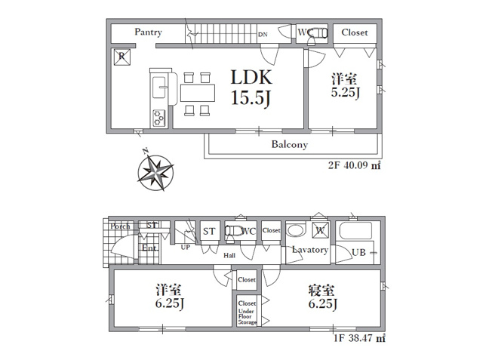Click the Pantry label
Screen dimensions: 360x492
tap(149, 32)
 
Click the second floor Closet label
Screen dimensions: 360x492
tap(355, 32)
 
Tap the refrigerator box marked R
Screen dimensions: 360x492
tap(121, 56)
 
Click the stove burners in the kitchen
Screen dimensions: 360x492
tap(159, 117)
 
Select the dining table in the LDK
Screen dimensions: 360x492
tap(198, 93)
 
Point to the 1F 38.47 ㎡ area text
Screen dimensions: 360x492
tap(359, 339)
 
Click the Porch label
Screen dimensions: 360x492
tap(119, 226)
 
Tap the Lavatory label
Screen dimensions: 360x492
tap(310, 250)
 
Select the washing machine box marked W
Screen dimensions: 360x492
tap(320, 231)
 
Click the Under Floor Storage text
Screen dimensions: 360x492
tap(248, 317)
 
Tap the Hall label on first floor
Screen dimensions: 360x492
tap(229, 255)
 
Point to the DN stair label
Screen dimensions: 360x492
tap(262, 35)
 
